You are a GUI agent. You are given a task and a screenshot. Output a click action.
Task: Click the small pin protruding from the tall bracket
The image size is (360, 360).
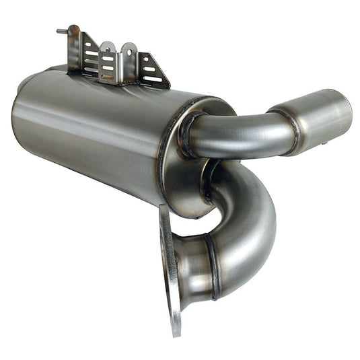pyautogui.click(x=61, y=30)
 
